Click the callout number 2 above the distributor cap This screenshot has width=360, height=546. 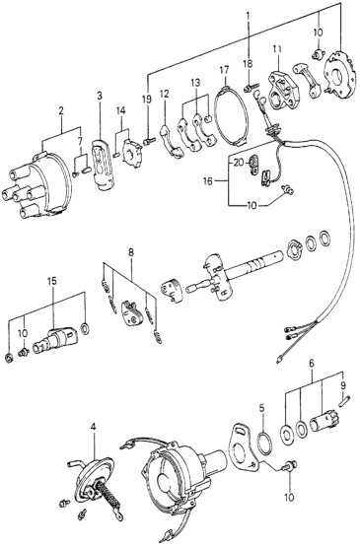pos(61,111)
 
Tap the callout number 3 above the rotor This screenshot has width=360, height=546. pos(100,96)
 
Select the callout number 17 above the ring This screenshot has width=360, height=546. pos(224,70)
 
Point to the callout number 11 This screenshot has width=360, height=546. pos(277,50)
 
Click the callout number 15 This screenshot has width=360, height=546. pos(52,281)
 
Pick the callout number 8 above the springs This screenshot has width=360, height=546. pos(131,253)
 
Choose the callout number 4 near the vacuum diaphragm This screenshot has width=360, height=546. pos(93,427)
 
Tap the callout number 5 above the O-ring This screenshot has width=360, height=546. pos(262,407)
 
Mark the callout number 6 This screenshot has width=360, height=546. pos(312,364)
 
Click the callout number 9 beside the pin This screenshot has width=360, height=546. pos(343,385)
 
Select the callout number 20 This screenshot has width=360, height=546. pos(239,163)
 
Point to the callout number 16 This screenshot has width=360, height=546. pos(208,181)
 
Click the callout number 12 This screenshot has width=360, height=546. pos(164,94)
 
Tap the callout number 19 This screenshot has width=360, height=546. pos(147,100)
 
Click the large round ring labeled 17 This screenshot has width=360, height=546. pos(232,117)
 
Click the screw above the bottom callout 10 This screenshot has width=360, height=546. pos(290,465)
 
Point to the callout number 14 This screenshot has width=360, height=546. pos(121,111)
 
